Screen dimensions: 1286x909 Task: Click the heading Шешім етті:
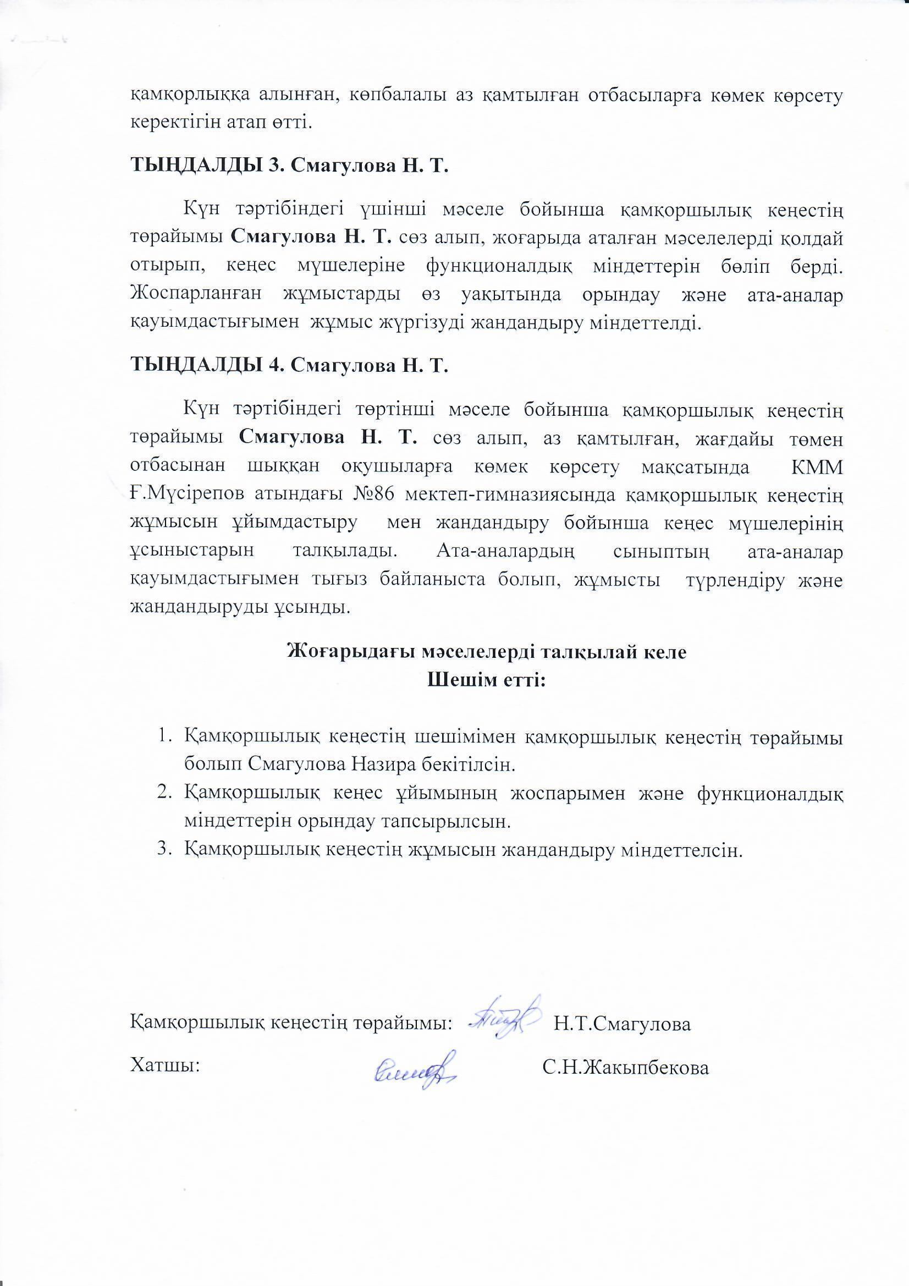click(x=486, y=681)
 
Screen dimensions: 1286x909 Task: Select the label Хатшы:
click(x=165, y=1066)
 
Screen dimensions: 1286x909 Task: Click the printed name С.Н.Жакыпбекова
click(x=626, y=1068)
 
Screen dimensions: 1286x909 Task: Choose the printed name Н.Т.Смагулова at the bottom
click(x=622, y=1024)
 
